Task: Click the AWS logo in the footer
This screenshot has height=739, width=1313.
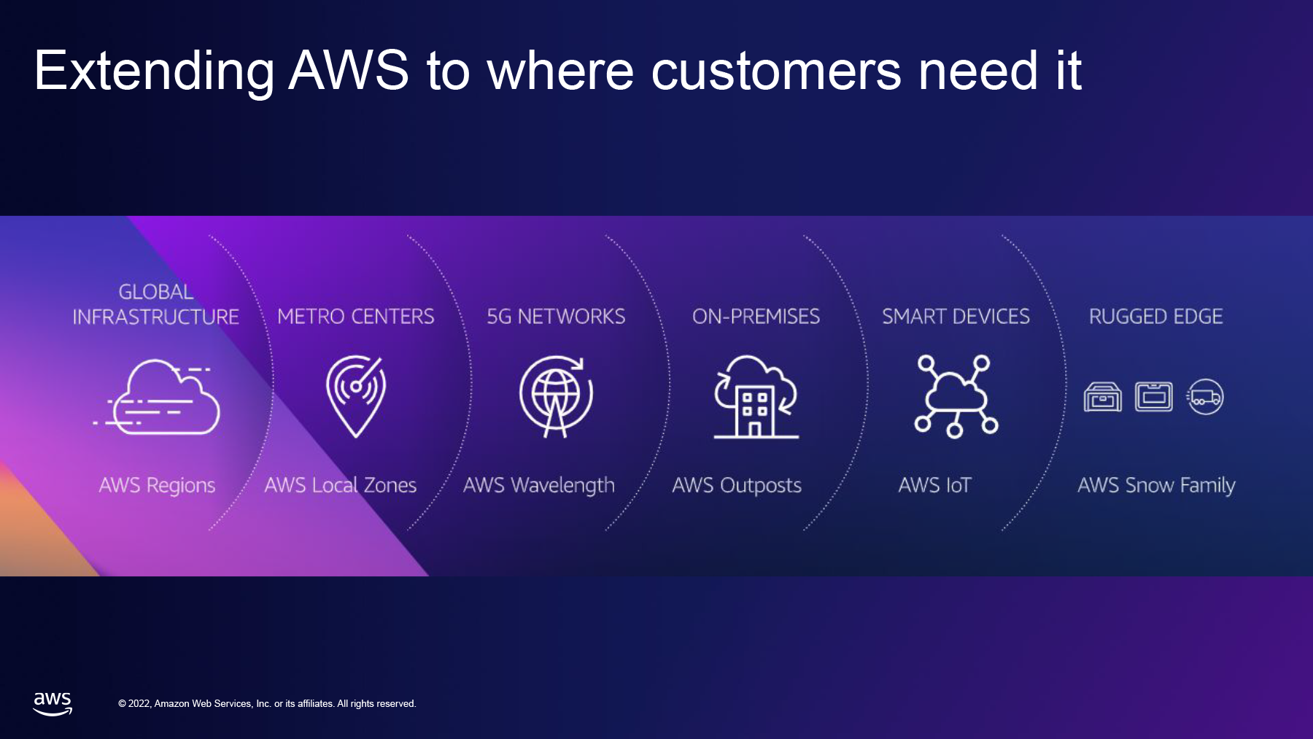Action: [53, 704]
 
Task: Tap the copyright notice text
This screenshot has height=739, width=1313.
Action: [267, 704]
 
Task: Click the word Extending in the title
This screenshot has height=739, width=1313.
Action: [154, 72]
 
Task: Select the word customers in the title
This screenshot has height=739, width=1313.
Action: [776, 71]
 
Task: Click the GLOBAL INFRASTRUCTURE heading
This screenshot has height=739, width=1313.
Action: [155, 304]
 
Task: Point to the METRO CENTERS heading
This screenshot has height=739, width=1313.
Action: [356, 317]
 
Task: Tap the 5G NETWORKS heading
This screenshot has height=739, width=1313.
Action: [556, 317]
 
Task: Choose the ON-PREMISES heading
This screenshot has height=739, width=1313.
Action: [756, 317]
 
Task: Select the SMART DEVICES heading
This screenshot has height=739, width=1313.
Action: [956, 317]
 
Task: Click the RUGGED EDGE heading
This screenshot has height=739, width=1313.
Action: [1155, 317]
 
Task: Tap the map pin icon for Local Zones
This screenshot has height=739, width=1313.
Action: [355, 396]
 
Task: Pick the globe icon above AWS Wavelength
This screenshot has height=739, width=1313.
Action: [556, 396]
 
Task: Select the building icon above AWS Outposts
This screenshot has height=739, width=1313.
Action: [756, 396]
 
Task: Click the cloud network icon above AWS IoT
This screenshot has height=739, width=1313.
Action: [956, 396]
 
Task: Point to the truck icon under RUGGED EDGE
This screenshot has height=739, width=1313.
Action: [1205, 397]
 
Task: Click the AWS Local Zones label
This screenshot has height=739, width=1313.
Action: [340, 485]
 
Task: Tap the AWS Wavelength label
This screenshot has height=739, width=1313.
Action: [539, 486]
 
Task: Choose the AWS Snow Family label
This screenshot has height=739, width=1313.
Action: [1156, 486]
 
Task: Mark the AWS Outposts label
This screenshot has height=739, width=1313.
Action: [737, 486]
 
